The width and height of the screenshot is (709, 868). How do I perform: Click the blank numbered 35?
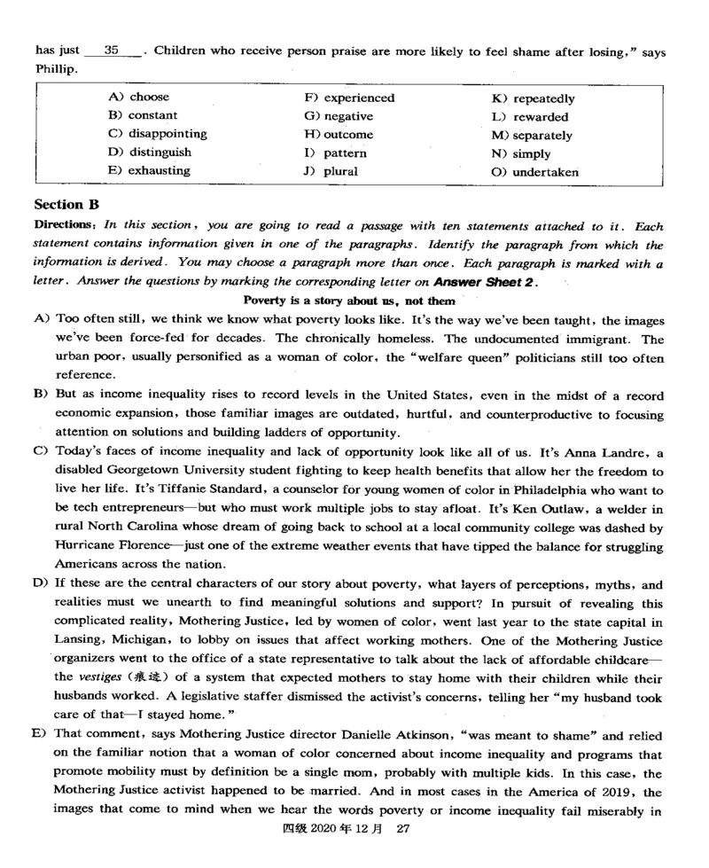pos(113,52)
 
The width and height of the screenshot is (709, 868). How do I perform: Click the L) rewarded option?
pos(530,116)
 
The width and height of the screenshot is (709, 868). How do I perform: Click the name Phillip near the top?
pos(56,70)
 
